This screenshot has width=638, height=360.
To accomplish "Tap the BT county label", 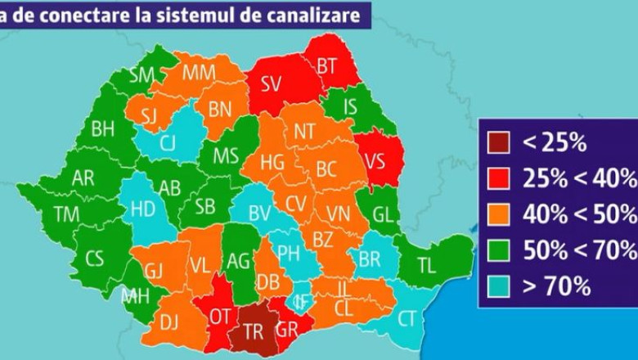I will (327, 65).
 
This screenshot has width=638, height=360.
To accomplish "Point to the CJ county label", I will (168, 143).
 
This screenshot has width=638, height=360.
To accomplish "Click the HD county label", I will (143, 209).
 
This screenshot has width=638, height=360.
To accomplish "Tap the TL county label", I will (427, 264).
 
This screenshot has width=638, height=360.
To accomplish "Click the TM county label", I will (66, 214).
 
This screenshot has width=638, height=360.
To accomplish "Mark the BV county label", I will (260, 214).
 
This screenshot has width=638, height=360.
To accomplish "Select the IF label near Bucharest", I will (303, 300).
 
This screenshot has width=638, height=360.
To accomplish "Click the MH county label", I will (136, 295).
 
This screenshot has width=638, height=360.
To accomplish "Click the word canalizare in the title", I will (303, 15).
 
